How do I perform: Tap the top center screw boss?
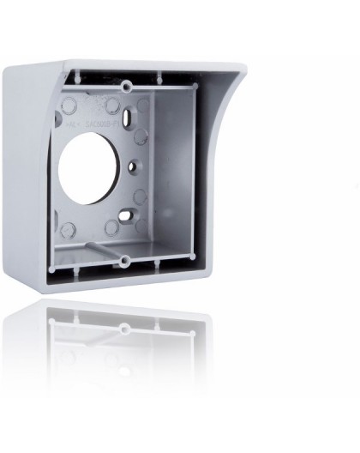point(127,86)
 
